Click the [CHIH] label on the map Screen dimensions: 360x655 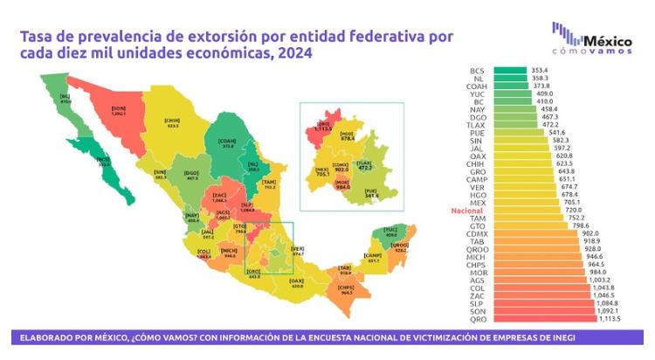tap(171, 121)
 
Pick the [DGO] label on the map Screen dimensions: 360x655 tap(192, 174)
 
